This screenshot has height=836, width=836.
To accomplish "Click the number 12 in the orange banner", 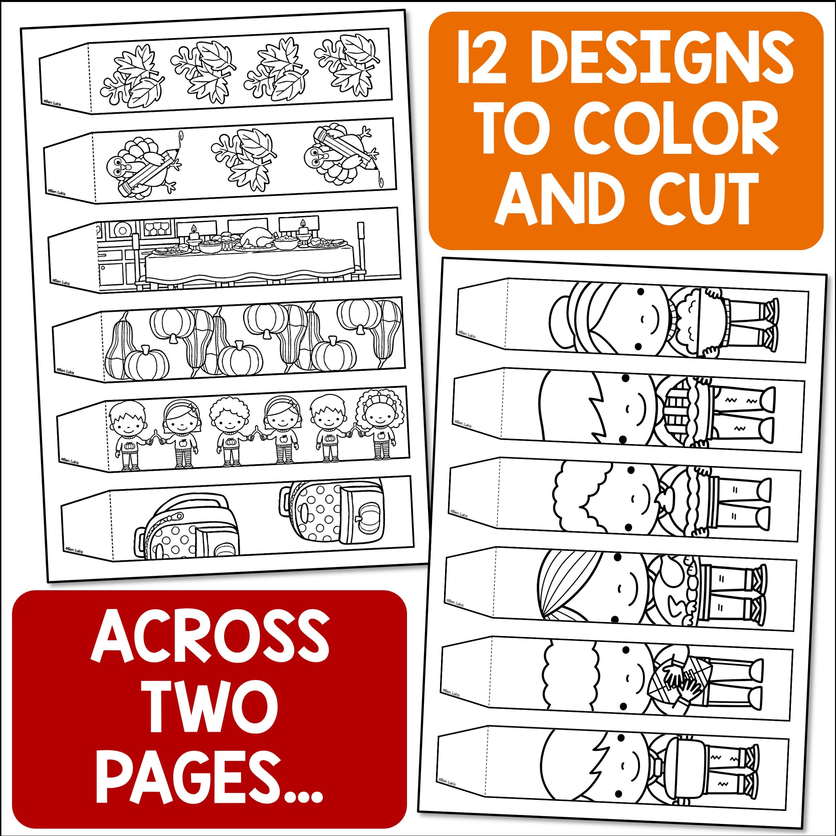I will (x=481, y=57).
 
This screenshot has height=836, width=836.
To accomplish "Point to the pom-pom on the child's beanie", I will (x=559, y=319).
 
